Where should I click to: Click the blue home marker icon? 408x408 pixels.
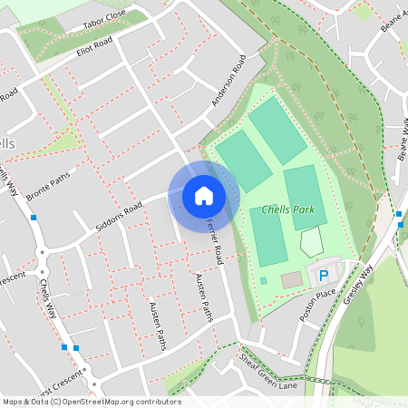click(204, 196)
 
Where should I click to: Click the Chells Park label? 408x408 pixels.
click(287, 209)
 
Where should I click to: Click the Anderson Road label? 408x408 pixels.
click(228, 82)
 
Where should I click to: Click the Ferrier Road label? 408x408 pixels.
click(214, 242)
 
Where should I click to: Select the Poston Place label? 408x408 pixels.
click(317, 306)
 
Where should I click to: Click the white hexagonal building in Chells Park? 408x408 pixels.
click(311, 242)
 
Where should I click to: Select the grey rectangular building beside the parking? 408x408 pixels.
click(290, 280)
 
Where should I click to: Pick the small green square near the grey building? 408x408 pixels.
click(264, 281)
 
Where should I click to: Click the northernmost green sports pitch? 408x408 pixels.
click(278, 130)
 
